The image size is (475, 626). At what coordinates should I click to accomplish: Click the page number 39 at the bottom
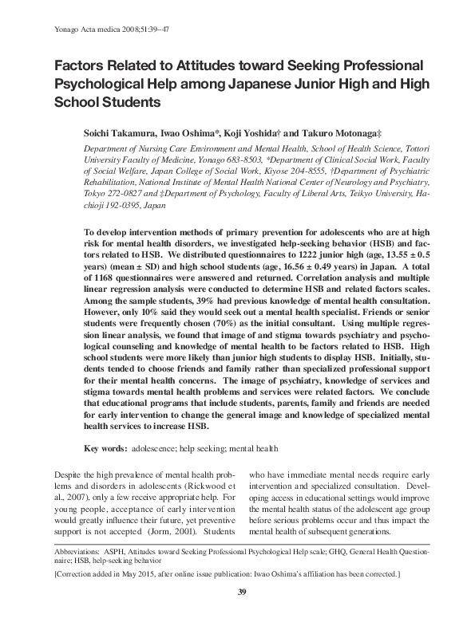pyautogui.click(x=237, y=591)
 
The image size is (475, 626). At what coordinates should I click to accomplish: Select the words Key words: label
pyautogui.click(x=105, y=448)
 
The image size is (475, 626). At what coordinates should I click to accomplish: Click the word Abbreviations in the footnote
pyautogui.click(x=81, y=552)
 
